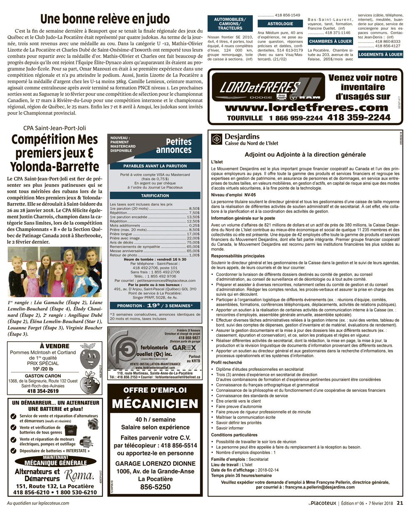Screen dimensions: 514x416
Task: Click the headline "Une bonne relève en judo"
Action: point(105,19)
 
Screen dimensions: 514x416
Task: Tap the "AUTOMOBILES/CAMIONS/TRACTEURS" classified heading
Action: point(230,24)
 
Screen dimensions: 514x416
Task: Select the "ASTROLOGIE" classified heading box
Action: point(280,24)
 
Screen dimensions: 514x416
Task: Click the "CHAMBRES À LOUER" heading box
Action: point(330,42)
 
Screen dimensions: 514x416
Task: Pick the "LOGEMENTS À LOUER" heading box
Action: point(380,54)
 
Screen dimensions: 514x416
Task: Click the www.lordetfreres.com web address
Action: point(307,108)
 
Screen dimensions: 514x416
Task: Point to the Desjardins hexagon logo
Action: point(216,139)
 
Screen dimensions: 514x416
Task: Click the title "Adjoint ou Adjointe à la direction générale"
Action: point(305,154)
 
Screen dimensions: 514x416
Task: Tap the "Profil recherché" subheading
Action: point(227,362)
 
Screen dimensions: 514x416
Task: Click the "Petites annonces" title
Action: point(173,146)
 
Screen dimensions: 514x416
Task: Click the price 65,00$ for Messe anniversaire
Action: point(193,251)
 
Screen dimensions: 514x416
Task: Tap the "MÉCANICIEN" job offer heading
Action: point(155,403)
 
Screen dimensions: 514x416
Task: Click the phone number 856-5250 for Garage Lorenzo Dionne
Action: point(155,487)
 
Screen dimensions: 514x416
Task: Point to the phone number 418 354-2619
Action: point(43,391)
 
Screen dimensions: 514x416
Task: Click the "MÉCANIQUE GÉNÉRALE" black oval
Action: point(55,463)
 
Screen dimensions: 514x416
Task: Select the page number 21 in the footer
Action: point(400,503)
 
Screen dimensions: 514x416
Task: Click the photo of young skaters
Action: point(55,272)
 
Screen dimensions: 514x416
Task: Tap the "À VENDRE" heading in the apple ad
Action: point(54,346)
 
